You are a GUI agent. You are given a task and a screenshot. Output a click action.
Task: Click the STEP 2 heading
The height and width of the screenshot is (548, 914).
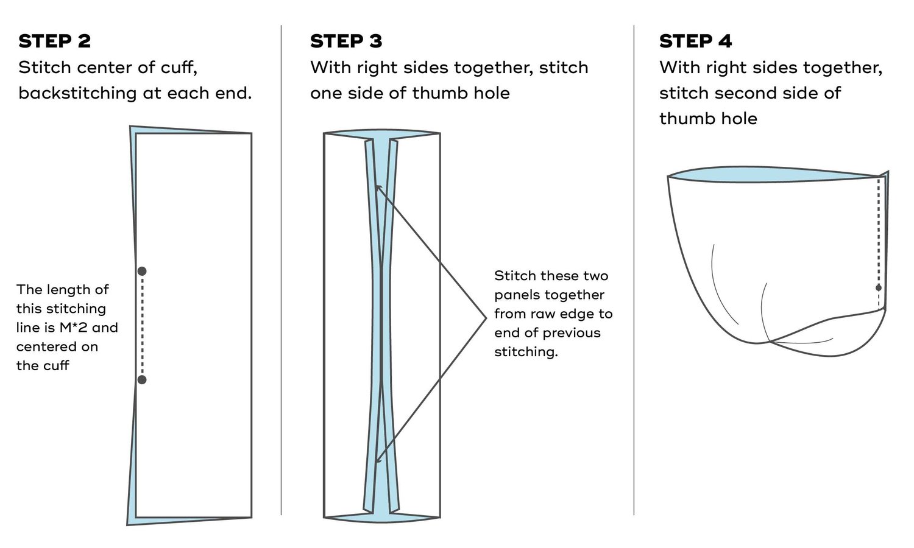tap(54, 41)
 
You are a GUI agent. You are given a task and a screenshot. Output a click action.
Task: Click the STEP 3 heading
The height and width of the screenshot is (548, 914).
tap(345, 41)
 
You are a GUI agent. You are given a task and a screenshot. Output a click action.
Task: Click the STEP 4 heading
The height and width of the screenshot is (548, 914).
tap(695, 41)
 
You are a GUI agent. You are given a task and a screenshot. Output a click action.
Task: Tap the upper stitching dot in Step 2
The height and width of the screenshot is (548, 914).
tap(142, 271)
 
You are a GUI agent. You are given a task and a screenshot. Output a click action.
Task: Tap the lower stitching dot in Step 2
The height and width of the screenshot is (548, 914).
tap(142, 380)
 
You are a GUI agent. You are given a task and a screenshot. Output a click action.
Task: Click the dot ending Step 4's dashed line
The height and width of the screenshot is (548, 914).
tap(878, 287)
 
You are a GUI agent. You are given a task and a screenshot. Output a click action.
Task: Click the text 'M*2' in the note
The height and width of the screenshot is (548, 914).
tap(74, 328)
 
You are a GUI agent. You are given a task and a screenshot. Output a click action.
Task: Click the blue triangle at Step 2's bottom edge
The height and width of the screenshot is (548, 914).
tap(183, 521)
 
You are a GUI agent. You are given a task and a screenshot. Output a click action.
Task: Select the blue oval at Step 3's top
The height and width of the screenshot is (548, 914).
tap(381, 133)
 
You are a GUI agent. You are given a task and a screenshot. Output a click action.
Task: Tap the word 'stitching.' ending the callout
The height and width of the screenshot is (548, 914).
tap(526, 352)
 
